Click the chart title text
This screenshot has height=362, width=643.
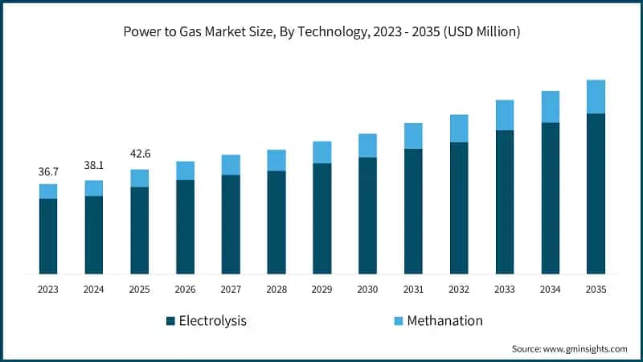click(321, 33)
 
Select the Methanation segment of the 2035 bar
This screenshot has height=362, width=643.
click(596, 97)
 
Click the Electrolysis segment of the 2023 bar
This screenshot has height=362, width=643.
click(48, 236)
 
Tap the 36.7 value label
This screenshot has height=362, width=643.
click(48, 172)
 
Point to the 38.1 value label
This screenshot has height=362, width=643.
click(94, 165)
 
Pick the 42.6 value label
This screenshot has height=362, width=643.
click(140, 154)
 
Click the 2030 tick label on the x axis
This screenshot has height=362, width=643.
click(367, 289)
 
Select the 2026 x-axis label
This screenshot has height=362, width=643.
click(185, 289)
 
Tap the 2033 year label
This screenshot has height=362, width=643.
click(504, 289)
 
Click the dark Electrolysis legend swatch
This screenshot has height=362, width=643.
click(170, 321)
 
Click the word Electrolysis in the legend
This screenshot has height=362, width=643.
click(213, 321)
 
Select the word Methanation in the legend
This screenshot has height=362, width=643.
click(444, 321)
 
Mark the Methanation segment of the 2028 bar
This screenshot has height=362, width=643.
click(276, 160)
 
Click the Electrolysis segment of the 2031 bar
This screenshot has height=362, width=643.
click(413, 211)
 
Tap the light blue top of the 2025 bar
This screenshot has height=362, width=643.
click(140, 178)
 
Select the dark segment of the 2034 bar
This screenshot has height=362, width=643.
click(550, 198)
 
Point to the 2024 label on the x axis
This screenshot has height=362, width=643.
click(94, 289)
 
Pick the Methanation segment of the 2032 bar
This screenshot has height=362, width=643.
click(459, 128)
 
